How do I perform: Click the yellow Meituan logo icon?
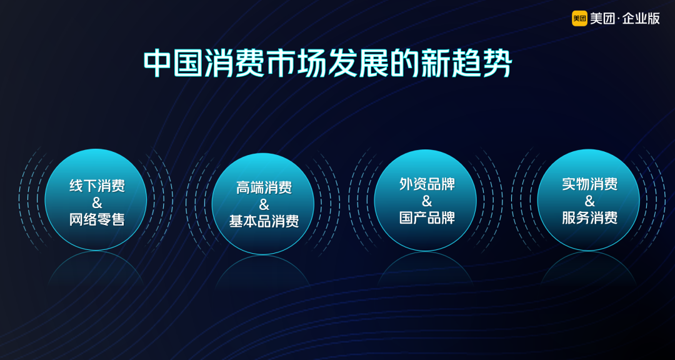click(x=579, y=19)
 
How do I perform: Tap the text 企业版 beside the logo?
click(x=641, y=19)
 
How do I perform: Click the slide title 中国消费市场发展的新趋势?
click(x=327, y=64)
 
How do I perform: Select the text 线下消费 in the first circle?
click(x=97, y=186)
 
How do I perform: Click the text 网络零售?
click(x=97, y=219)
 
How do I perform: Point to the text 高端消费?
click(x=264, y=187)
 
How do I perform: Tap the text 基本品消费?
click(x=264, y=221)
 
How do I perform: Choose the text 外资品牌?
click(x=427, y=184)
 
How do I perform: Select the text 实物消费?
click(x=589, y=184)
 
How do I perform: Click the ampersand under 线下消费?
click(x=97, y=202)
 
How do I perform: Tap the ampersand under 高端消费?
click(x=264, y=204)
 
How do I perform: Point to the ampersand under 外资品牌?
click(x=427, y=201)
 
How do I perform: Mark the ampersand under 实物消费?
click(x=589, y=201)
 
